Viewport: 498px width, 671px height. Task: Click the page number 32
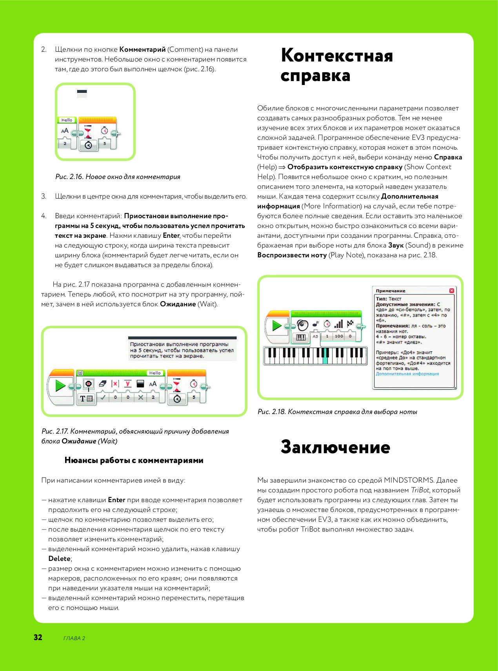[x=38, y=637]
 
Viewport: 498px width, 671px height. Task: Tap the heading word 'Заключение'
[x=335, y=447]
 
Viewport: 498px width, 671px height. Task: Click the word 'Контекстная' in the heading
[x=337, y=55]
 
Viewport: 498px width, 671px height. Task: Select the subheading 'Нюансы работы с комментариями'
[x=134, y=460]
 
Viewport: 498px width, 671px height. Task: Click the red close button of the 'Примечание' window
[x=451, y=291]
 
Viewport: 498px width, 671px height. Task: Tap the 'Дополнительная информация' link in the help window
[x=407, y=374]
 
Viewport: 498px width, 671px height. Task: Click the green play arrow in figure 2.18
[x=277, y=326]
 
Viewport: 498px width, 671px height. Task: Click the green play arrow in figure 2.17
[x=60, y=386]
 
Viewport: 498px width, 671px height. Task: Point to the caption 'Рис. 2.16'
[x=69, y=177]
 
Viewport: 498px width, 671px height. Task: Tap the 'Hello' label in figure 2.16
[x=67, y=120]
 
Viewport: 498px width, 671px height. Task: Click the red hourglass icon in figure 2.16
[x=88, y=132]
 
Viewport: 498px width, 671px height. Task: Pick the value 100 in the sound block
[x=339, y=336]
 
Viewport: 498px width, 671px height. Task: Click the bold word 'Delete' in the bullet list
[x=60, y=559]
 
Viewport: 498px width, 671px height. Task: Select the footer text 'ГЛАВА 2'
[x=74, y=638]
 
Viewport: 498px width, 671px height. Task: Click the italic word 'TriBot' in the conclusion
[x=420, y=490]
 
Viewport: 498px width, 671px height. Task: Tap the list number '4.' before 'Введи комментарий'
[x=44, y=216]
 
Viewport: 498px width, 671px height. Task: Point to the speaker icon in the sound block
[x=302, y=325]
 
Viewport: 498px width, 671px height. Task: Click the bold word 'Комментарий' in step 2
[x=142, y=49]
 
